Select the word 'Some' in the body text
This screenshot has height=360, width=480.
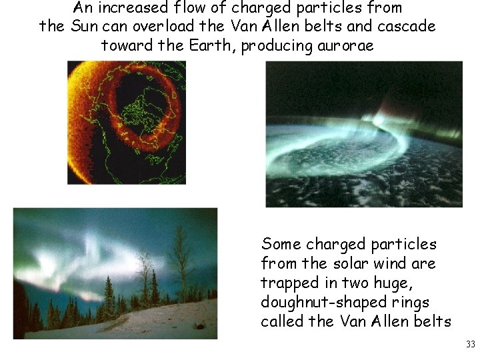click(x=281, y=244)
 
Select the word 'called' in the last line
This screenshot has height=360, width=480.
click(x=281, y=321)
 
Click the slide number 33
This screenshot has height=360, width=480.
click(x=470, y=344)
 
